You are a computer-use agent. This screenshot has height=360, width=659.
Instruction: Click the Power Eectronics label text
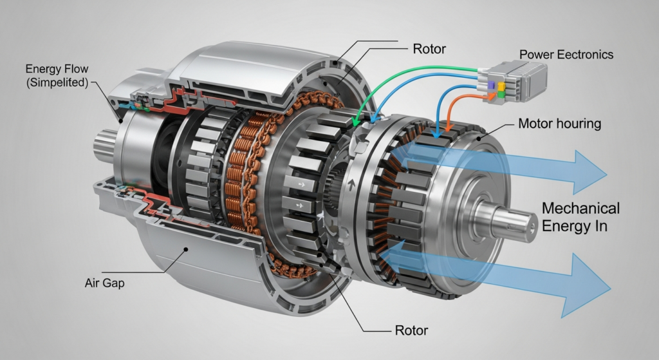(x=566, y=55)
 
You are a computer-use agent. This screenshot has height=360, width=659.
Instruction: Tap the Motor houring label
(x=559, y=124)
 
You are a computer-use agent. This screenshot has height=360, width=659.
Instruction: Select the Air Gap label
(x=105, y=283)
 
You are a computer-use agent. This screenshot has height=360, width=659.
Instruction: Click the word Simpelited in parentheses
(x=57, y=82)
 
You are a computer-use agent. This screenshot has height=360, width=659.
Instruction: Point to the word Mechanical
(x=581, y=208)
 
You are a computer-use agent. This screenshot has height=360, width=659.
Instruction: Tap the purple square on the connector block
(x=490, y=86)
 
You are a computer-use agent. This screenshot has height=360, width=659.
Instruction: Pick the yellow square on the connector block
(x=501, y=86)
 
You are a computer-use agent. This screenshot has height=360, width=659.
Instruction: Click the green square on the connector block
(x=501, y=95)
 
